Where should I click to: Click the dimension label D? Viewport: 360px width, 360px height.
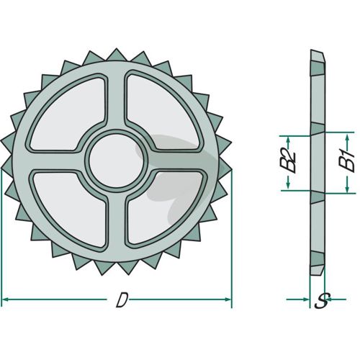point(122,300)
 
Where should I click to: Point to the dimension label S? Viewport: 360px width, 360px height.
point(322,301)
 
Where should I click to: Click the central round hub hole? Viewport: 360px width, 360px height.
point(117,161)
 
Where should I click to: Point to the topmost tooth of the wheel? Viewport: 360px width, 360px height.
point(117,55)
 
